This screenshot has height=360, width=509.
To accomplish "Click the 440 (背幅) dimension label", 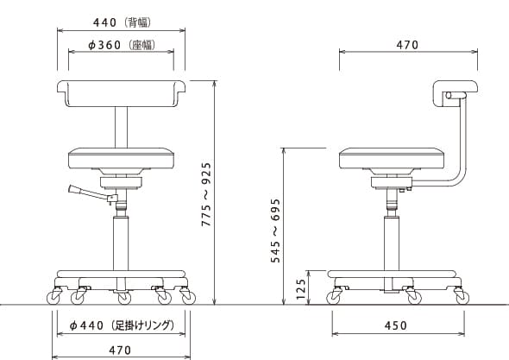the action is pyautogui.click(x=122, y=22).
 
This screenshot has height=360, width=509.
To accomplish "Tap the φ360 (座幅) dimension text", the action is pyautogui.click(x=122, y=45).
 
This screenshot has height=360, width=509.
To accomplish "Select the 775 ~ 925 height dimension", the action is pyautogui.click(x=206, y=194).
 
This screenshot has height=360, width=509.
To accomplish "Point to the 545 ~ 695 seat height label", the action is pyautogui.click(x=275, y=231).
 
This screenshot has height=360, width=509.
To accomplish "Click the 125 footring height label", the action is pyautogui.click(x=301, y=289).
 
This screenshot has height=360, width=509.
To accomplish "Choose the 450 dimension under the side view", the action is pyautogui.click(x=396, y=325).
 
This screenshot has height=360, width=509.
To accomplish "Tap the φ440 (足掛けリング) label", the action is pyautogui.click(x=122, y=325).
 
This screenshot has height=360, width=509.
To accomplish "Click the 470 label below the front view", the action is pyautogui.click(x=120, y=351).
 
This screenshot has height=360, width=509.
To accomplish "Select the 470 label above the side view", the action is pyautogui.click(x=407, y=45).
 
